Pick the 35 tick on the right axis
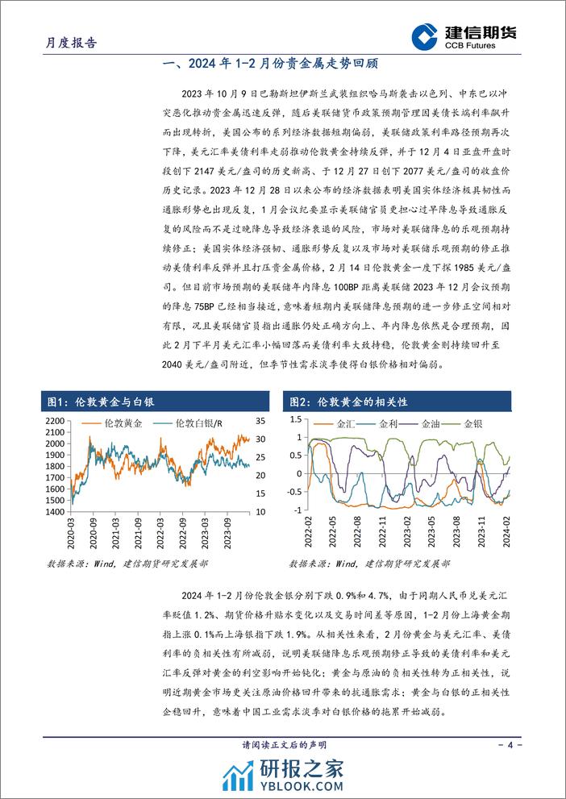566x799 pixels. click(260, 422)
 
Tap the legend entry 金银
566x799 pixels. click(471, 423)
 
